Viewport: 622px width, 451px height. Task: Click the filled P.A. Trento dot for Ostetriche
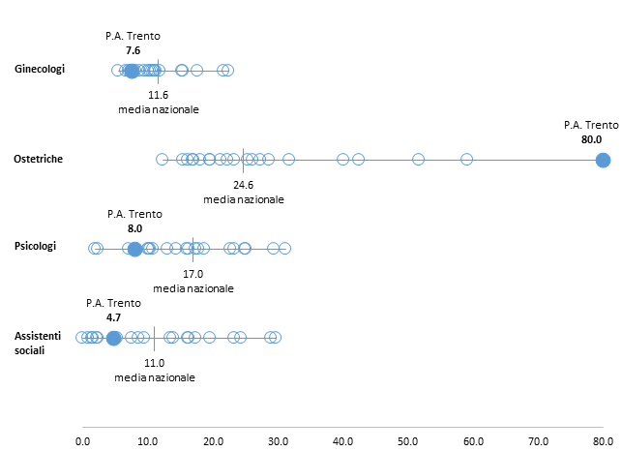tap(603, 159)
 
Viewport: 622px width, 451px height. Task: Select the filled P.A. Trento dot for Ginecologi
tap(133, 70)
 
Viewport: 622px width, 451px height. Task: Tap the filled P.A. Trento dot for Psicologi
tap(134, 249)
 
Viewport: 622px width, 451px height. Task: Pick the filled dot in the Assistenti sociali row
tap(113, 338)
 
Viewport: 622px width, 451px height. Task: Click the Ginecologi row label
tap(40, 69)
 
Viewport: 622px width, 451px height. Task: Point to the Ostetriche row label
tap(39, 159)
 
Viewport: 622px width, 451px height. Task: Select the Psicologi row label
tap(36, 246)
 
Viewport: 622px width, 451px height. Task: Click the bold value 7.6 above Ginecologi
tap(133, 50)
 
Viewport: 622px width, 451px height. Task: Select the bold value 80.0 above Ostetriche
tap(590, 139)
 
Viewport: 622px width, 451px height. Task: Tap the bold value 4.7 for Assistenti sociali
tap(112, 316)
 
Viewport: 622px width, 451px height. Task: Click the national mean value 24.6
tap(243, 184)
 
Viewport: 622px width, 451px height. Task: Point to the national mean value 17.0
tap(193, 274)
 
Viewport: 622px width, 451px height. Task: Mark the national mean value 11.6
tap(159, 95)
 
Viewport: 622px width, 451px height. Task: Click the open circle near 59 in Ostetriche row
tap(466, 159)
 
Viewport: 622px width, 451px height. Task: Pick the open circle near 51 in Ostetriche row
tap(418, 159)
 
